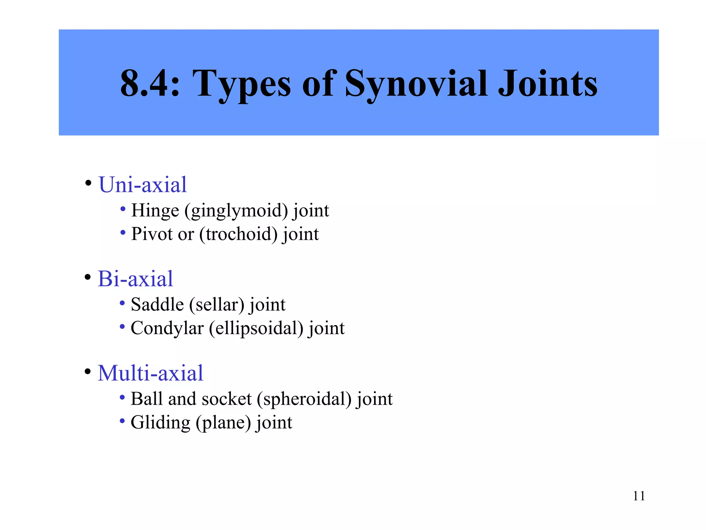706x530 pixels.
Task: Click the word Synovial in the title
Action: coord(416,84)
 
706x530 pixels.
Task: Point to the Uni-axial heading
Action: coord(142,185)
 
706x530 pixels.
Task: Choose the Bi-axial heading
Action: coord(135,279)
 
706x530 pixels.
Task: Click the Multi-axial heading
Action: coord(150,373)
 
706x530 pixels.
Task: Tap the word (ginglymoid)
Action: coord(236,211)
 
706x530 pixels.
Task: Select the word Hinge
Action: coord(155,211)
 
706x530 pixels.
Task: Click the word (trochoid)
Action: coord(239,234)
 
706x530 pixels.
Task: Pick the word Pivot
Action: coord(152,234)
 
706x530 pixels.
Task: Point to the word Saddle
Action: coord(157,305)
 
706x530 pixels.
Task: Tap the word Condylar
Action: coord(167,328)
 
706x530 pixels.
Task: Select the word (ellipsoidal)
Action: coord(256,328)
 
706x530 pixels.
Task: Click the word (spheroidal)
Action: coord(304,399)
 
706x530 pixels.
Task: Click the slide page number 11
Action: coord(639,496)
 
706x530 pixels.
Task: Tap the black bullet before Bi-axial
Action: coord(88,277)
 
